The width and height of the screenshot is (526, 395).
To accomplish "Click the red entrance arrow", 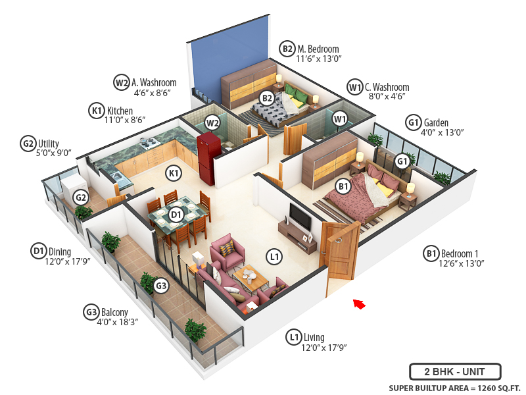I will point(358,303).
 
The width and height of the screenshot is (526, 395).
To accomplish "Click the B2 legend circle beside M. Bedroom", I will point(287,49).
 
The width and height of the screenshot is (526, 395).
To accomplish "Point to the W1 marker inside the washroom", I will point(339,119).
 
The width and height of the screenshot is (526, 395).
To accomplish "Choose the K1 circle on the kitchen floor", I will point(174,173).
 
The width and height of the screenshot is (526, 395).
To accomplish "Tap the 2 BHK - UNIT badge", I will point(455,371).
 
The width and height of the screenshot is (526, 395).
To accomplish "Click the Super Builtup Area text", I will point(454,387).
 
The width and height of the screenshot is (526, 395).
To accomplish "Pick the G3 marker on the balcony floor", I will point(161,285).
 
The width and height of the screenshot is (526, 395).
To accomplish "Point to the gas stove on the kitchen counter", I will point(151,142).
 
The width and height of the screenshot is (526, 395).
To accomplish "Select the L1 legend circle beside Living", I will point(294,338).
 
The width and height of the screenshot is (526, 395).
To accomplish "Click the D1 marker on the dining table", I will point(176,214).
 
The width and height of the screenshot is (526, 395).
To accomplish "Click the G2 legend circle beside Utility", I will point(28,143).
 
